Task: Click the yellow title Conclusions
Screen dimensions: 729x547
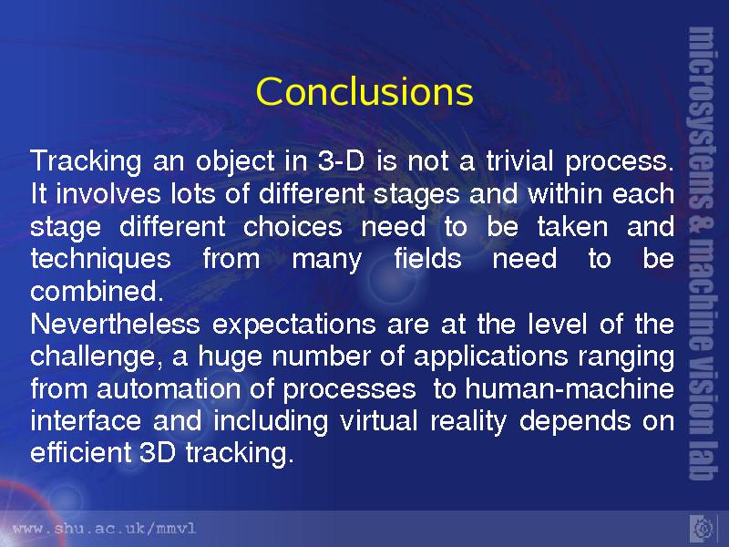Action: [364, 91]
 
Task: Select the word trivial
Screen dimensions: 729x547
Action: [519, 161]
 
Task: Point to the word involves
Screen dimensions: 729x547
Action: [108, 193]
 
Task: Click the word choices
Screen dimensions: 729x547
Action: [293, 226]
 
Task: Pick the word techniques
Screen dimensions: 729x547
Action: [100, 259]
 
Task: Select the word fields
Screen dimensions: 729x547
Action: [427, 258]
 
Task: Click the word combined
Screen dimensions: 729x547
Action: [98, 291]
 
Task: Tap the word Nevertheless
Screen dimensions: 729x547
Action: [116, 324]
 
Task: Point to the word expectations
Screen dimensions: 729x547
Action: [293, 324]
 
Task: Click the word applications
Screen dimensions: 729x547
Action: [490, 357]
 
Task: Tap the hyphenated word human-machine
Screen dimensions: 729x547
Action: [570, 389]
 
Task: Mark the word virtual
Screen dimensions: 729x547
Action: [379, 421]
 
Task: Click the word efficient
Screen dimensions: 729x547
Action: [81, 452]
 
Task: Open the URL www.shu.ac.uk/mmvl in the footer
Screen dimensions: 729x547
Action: [105, 529]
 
